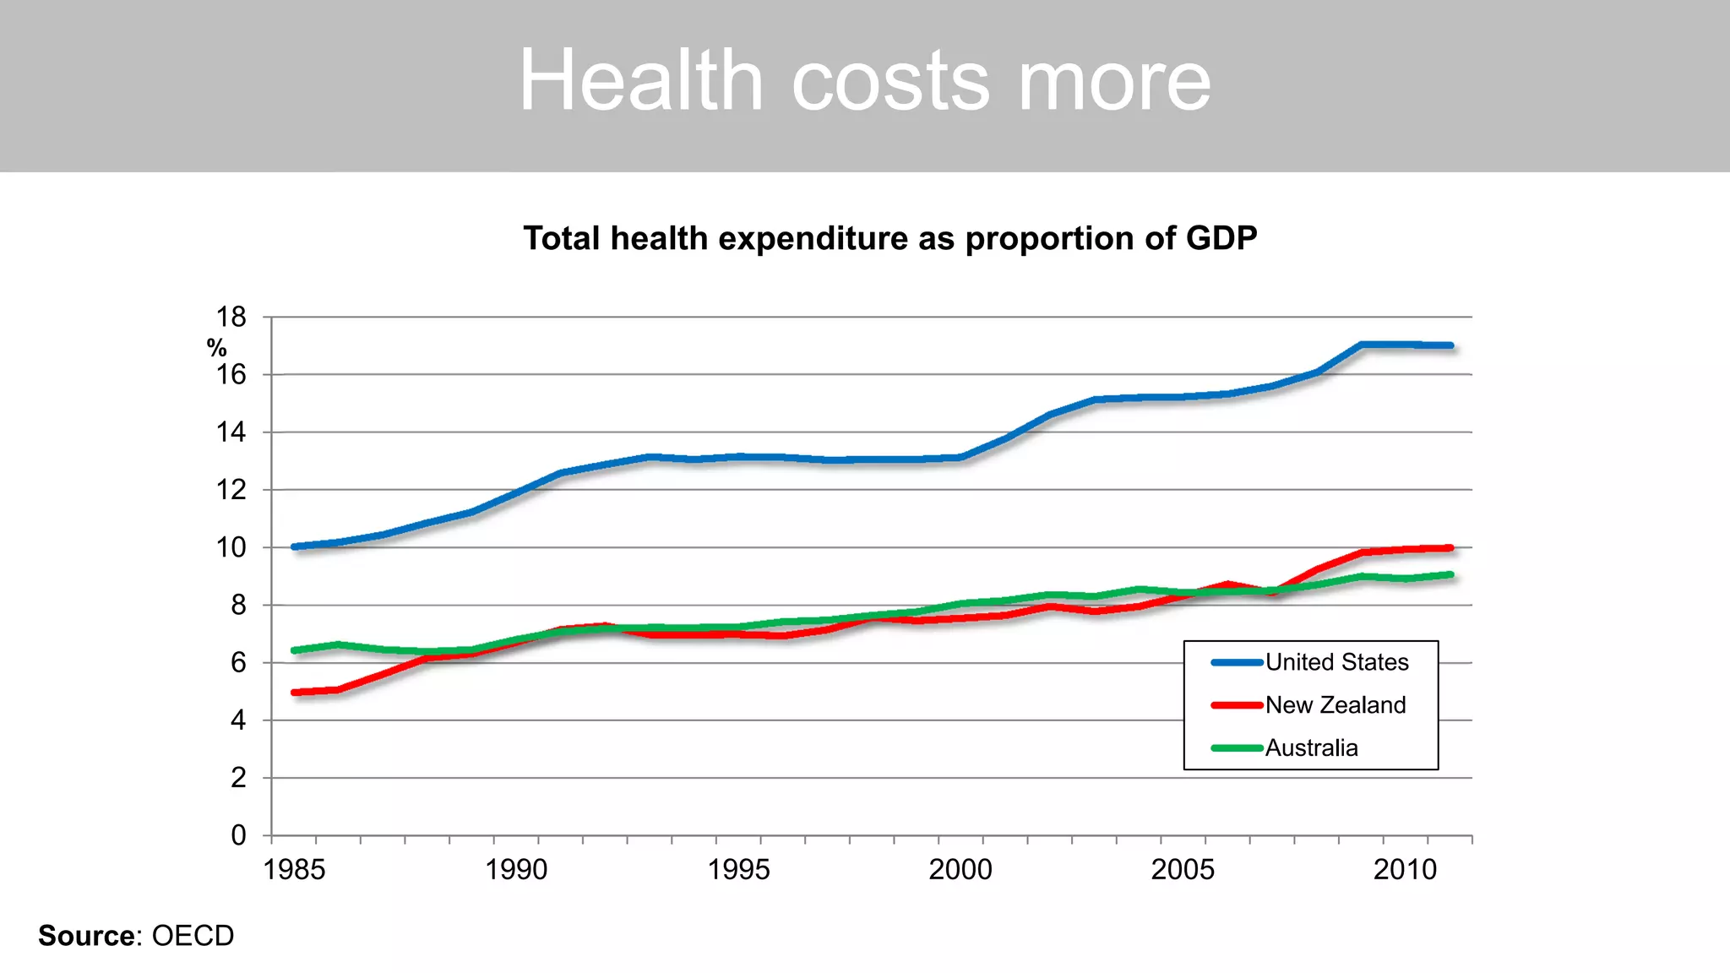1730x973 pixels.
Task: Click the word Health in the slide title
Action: click(x=641, y=80)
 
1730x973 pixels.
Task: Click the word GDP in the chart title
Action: click(x=1221, y=238)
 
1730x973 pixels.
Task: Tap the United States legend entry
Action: click(x=1336, y=662)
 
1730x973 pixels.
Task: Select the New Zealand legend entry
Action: click(x=1335, y=705)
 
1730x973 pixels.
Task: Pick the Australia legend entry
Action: click(x=1311, y=748)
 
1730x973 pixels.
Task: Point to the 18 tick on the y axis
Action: click(x=231, y=318)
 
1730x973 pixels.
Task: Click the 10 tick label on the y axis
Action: click(x=231, y=547)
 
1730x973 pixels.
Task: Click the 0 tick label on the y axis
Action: click(x=238, y=835)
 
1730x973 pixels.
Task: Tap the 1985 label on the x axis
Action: click(x=294, y=869)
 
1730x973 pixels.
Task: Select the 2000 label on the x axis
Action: click(x=960, y=869)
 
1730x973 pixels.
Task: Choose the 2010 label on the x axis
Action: click(x=1405, y=869)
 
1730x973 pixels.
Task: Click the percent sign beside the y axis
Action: click(x=216, y=348)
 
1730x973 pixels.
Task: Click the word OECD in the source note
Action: click(x=193, y=936)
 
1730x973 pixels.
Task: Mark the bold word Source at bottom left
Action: click(x=86, y=936)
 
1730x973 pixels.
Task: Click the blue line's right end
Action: click(x=1450, y=345)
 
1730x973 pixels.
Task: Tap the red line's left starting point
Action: click(x=295, y=693)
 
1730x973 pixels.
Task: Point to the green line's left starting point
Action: click(x=295, y=650)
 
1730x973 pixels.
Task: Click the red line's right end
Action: click(x=1450, y=548)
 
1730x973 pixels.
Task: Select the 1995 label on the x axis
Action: click(x=738, y=869)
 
